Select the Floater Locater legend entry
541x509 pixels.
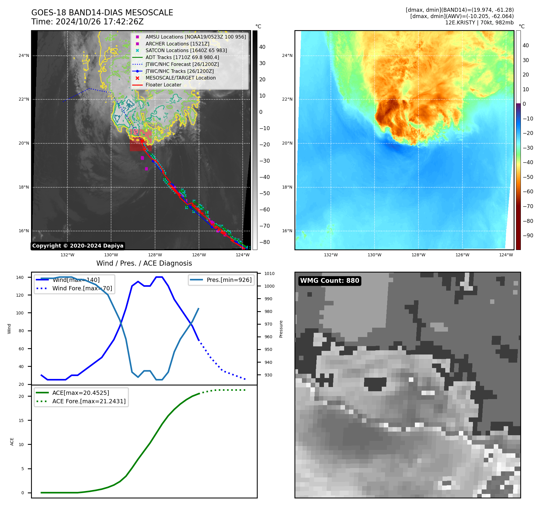pyautogui.click(x=163, y=85)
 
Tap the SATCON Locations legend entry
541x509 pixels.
pyautogui.click(x=186, y=51)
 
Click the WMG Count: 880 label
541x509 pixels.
pyautogui.click(x=329, y=281)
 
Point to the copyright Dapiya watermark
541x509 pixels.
pyautogui.click(x=78, y=246)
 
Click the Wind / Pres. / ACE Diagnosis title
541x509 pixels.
pyautogui.click(x=144, y=263)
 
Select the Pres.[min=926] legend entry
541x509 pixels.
pyautogui.click(x=229, y=280)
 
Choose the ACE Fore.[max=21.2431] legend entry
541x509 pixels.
pyautogui.click(x=89, y=401)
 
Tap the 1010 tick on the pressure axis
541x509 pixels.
pyautogui.click(x=269, y=274)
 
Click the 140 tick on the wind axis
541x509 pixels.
pyautogui.click(x=20, y=277)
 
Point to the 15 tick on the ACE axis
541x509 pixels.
pyautogui.click(x=21, y=420)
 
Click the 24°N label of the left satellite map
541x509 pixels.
pyautogui.click(x=24, y=56)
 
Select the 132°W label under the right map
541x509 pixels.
pyautogui.click(x=331, y=255)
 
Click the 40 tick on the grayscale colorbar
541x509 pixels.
pyautogui.click(x=262, y=47)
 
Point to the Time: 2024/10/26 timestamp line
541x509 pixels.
pyautogui.click(x=87, y=22)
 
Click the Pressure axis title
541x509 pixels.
pyautogui.click(x=281, y=329)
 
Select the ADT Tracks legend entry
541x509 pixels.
pyautogui.click(x=182, y=57)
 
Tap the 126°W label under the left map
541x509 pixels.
pyautogui.click(x=199, y=255)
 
